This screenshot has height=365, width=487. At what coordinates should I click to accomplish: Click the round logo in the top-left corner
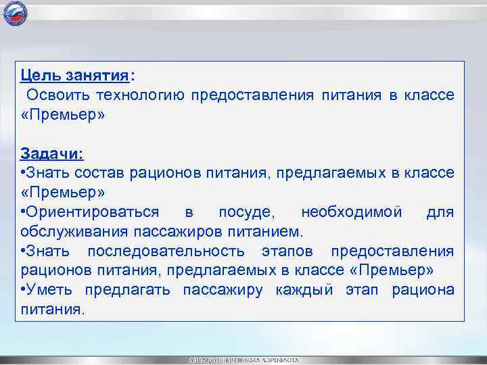click(x=13, y=13)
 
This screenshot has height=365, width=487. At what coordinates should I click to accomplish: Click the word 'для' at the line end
click(x=440, y=212)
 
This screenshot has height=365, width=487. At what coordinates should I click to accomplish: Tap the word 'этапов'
click(x=287, y=251)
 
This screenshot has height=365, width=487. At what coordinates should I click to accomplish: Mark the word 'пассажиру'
click(x=227, y=291)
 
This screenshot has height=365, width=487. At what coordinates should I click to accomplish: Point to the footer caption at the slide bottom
click(x=243, y=360)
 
